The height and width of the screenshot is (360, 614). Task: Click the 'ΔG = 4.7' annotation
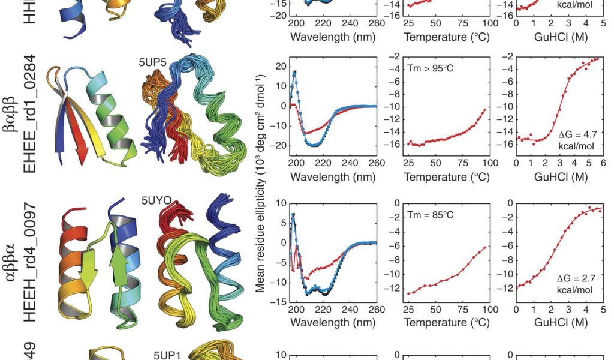[x=578, y=135]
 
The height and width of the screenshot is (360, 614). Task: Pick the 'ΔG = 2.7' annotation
[x=578, y=279]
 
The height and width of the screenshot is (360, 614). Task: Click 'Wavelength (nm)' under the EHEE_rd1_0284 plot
[x=333, y=177]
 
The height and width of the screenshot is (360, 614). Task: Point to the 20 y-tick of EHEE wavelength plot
[x=279, y=66]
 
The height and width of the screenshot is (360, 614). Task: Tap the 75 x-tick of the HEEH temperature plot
[x=462, y=310]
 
